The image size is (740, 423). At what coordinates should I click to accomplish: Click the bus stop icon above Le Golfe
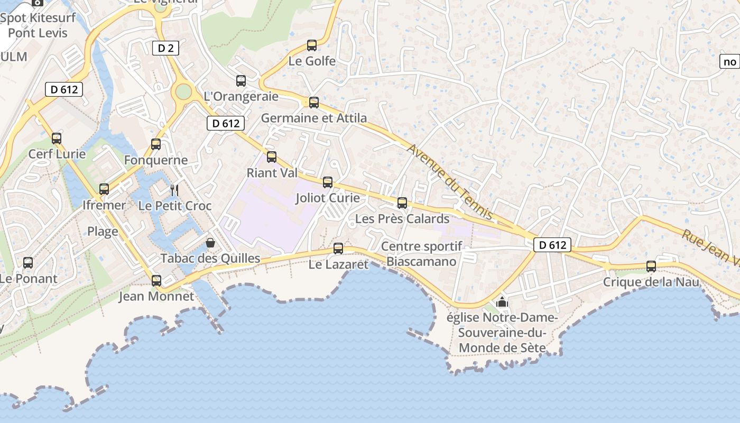(312, 45)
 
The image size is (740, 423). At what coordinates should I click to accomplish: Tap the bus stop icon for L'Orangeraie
(241, 81)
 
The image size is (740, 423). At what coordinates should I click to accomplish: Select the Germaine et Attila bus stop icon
(314, 103)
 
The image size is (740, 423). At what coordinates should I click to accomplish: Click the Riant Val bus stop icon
(272, 157)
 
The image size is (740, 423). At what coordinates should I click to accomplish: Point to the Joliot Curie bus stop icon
(328, 182)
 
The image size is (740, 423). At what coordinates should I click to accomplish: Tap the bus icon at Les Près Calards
(402, 203)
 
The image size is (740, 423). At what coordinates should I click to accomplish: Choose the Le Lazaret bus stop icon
(338, 249)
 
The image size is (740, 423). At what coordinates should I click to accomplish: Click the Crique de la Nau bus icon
(651, 266)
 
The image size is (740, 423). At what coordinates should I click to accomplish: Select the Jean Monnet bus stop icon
(156, 281)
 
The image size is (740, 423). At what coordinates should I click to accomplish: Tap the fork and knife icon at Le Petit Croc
(174, 190)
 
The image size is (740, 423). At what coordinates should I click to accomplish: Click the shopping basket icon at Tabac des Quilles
(210, 243)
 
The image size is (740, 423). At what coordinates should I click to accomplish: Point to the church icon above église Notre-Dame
(502, 302)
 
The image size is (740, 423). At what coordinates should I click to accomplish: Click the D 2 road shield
(165, 49)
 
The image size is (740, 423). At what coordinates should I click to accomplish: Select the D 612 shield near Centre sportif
(552, 245)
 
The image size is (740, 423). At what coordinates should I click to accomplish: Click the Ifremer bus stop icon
(104, 189)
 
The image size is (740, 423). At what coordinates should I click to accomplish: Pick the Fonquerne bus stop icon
(156, 144)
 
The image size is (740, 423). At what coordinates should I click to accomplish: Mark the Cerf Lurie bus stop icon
(57, 139)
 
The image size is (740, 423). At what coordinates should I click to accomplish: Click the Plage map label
(103, 231)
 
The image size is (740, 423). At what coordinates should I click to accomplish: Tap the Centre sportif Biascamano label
(421, 254)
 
